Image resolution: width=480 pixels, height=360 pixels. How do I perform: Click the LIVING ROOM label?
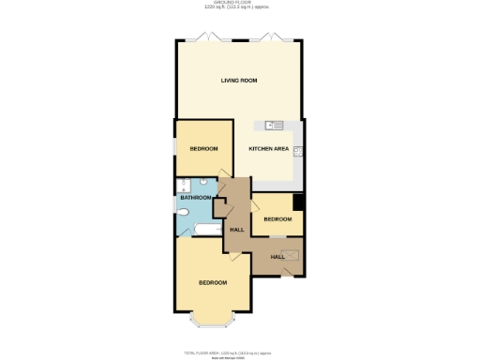[x=239, y=81]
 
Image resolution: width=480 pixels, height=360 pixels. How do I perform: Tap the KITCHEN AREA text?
[x=268, y=149]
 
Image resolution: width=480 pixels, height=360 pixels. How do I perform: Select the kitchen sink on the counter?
[x=273, y=125]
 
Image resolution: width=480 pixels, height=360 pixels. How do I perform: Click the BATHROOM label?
[x=196, y=198]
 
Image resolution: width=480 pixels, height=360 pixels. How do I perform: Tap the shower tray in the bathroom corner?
[x=184, y=185]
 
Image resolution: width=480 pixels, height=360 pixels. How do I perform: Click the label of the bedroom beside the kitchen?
[x=203, y=149]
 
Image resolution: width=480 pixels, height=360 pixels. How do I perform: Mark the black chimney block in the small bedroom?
[x=298, y=202]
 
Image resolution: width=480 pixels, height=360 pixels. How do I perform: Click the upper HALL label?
[x=237, y=230]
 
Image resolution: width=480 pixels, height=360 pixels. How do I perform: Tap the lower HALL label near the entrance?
[x=277, y=256]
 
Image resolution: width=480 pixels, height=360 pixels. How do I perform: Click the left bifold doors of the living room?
[x=212, y=39]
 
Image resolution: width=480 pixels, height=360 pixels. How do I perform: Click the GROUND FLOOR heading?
[x=239, y=4]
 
